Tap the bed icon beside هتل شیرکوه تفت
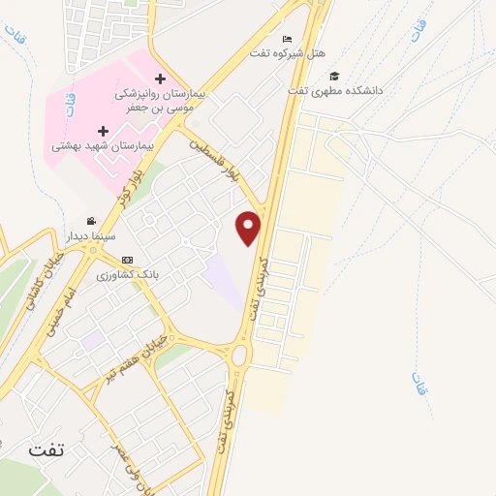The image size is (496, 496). (287, 39)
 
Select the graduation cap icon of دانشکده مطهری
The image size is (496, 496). (334, 76)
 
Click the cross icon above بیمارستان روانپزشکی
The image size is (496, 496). (160, 78)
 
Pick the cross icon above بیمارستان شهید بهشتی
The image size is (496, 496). (103, 130)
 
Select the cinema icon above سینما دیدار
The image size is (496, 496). (92, 221)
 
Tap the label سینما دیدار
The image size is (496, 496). (90, 235)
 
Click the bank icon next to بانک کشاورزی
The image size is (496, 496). (128, 261)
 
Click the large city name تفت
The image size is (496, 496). (49, 450)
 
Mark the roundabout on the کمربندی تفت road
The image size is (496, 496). (239, 356)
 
